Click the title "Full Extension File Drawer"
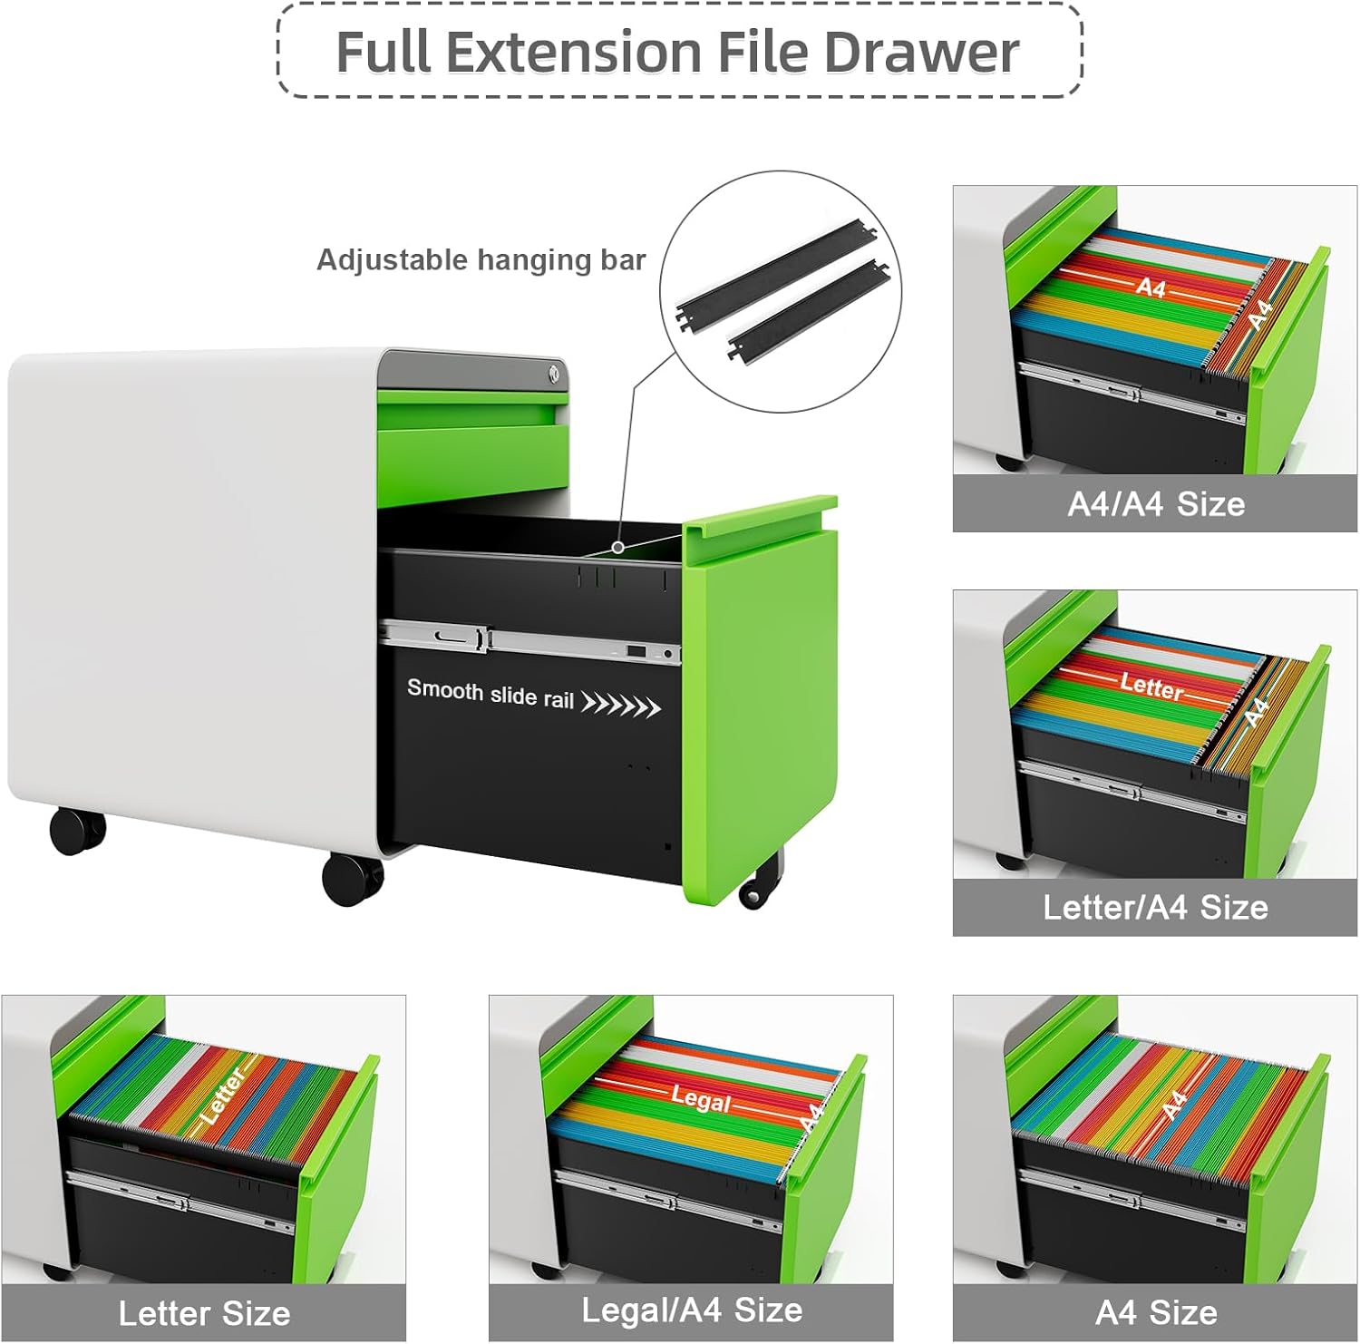click(677, 52)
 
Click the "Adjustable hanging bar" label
click(481, 260)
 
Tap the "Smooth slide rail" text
click(491, 694)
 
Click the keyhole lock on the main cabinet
click(554, 372)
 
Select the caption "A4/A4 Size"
click(1156, 503)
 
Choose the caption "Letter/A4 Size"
click(1155, 907)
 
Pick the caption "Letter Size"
click(204, 1312)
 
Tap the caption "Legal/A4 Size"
click(692, 1310)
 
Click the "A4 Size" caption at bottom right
click(1156, 1311)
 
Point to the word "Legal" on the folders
click(701, 1099)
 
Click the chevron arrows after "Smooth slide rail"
click(621, 705)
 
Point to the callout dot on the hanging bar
click(617, 547)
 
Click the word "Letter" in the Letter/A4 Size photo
click(1151, 687)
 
